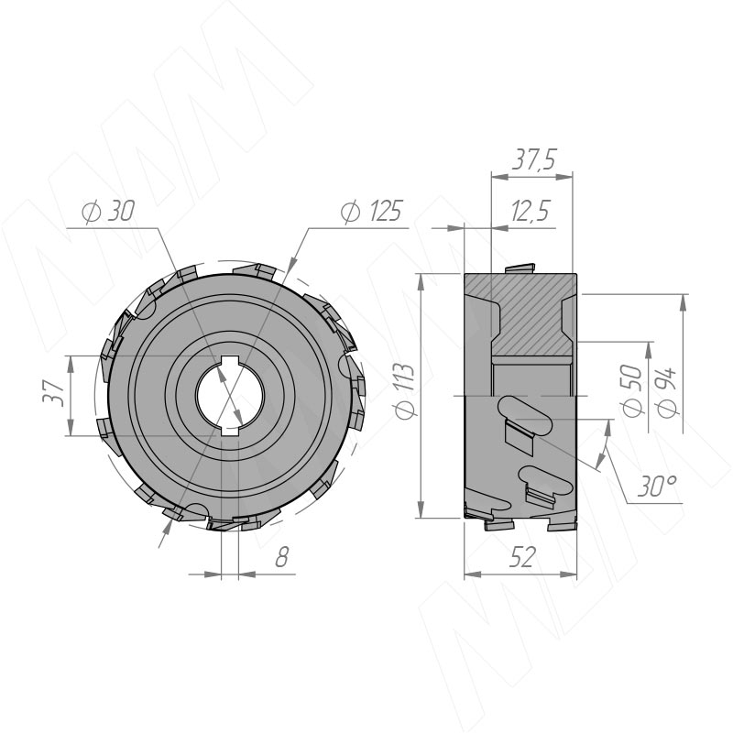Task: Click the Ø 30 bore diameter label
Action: [108, 212]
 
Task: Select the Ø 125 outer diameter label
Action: [371, 212]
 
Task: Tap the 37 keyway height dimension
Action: [53, 393]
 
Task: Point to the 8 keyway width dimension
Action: [281, 557]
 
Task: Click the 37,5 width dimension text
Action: [533, 160]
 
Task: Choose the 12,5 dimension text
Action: [530, 212]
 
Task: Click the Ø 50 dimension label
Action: [632, 390]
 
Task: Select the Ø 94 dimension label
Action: [666, 392]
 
